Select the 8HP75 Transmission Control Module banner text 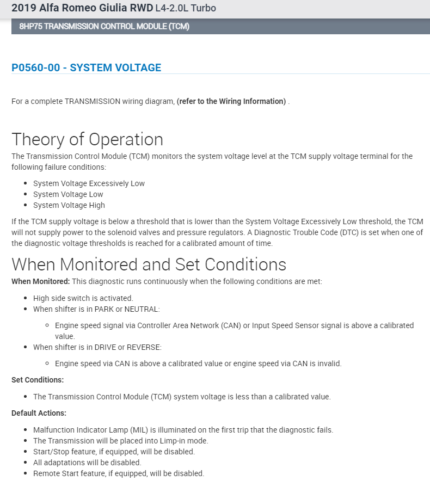tap(104, 27)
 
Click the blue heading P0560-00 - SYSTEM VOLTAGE tap(86, 68)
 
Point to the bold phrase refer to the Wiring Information tap(231, 101)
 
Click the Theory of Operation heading tap(87, 139)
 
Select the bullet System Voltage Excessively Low tap(89, 183)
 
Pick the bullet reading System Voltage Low tap(68, 194)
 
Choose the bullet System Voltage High tap(69, 205)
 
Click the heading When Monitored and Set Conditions tap(149, 264)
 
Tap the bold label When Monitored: tap(40, 282)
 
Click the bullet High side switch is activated tap(83, 298)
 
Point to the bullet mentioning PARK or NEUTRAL tap(96, 309)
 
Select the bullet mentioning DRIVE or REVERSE tap(97, 347)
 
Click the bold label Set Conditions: tap(38, 380)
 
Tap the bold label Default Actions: tap(39, 413)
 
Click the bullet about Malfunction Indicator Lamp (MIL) tap(183, 430)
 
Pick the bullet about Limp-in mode tap(120, 441)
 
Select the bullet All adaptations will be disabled tap(87, 463)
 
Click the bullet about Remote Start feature tap(118, 473)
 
